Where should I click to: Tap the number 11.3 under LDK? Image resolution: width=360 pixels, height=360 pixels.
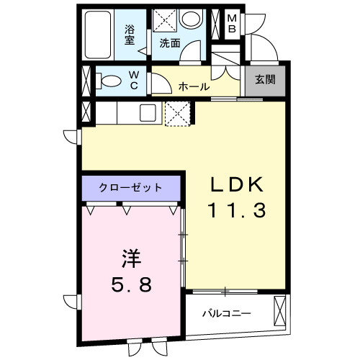pos(238,210)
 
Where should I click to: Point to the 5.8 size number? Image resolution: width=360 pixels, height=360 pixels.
pos(130,285)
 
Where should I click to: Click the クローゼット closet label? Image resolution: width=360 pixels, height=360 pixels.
pos(130,188)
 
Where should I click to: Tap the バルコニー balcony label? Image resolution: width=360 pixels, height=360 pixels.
pos(225,315)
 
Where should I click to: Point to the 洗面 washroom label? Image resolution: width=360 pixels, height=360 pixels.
pos(169,42)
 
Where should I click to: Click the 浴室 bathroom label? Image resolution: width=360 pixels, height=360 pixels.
pos(130,35)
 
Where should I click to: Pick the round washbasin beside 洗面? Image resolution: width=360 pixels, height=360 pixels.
pos(192,19)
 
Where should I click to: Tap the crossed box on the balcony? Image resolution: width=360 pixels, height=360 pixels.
pos(279,310)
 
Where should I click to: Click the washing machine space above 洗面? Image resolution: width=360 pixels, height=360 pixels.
pos(164,19)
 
